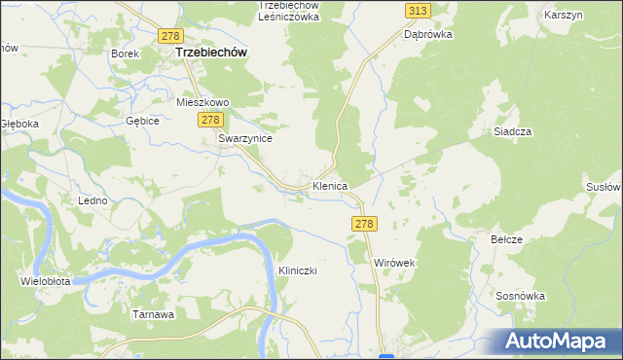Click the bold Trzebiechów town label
pos(209,54)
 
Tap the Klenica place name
pos(330,185)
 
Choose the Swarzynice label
pos(243,139)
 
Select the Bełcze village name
pos(506,239)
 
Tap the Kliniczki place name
pos(299,270)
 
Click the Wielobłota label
pos(45,281)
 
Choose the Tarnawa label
pos(153,314)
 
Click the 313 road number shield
pos(418,10)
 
